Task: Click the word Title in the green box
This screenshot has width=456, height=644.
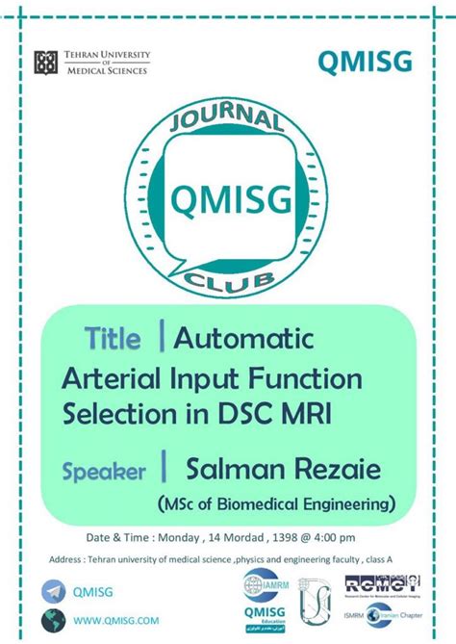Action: pyautogui.click(x=113, y=339)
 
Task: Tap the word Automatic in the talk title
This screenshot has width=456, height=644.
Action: pyautogui.click(x=244, y=339)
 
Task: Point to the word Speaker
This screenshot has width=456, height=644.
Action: pyautogui.click(x=104, y=472)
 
